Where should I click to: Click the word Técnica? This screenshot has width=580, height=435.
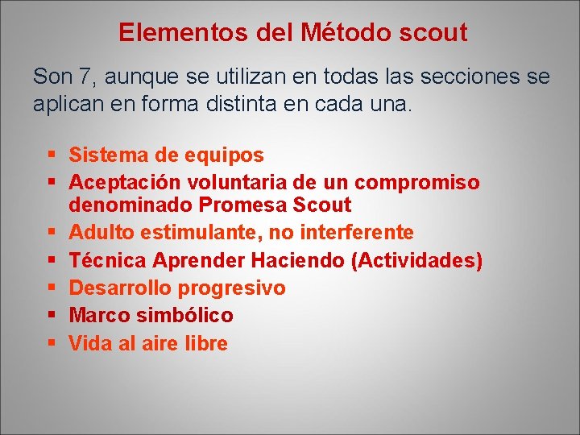coord(107,261)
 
